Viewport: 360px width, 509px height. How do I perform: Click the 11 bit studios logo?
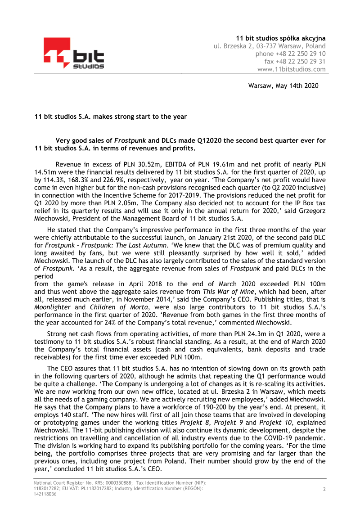(x=74, y=54)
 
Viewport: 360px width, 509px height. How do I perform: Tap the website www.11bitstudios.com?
(x=291, y=69)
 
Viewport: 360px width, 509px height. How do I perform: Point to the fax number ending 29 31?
(x=295, y=62)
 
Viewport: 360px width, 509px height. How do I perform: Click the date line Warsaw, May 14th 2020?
(x=283, y=86)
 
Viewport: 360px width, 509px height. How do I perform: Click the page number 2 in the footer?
(x=324, y=489)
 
